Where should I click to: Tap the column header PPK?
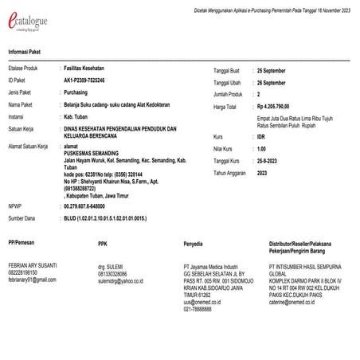(102, 245)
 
